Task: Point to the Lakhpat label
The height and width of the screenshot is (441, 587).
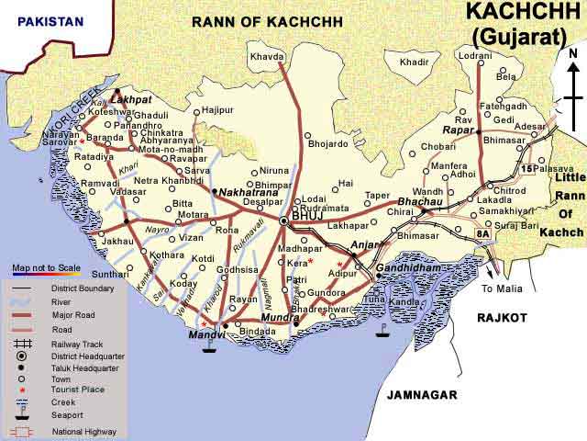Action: pos(130,97)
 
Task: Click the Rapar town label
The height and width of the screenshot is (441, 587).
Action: pos(458,130)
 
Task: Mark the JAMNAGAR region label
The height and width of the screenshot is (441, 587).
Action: pos(421,394)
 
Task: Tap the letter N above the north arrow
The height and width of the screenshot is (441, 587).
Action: pos(573,53)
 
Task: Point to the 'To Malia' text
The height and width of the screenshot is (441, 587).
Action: pos(503,288)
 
